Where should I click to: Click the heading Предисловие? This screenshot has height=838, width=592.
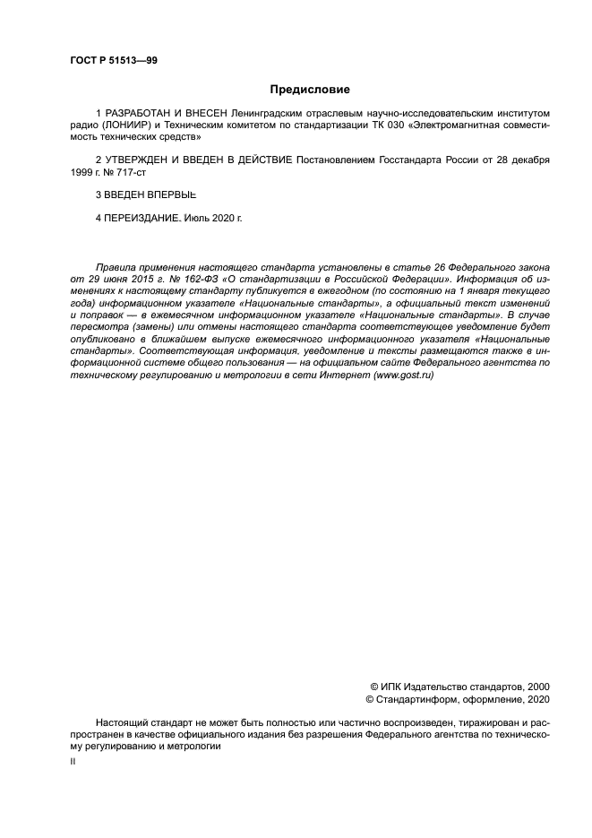pyautogui.click(x=310, y=90)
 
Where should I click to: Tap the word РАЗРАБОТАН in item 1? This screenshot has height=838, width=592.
pyautogui.click(x=136, y=114)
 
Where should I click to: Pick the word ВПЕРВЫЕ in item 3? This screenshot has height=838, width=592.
pyautogui.click(x=175, y=194)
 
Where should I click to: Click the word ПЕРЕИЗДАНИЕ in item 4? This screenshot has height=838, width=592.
pyautogui.click(x=142, y=217)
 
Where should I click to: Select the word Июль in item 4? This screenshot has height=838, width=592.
pyautogui.click(x=197, y=217)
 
